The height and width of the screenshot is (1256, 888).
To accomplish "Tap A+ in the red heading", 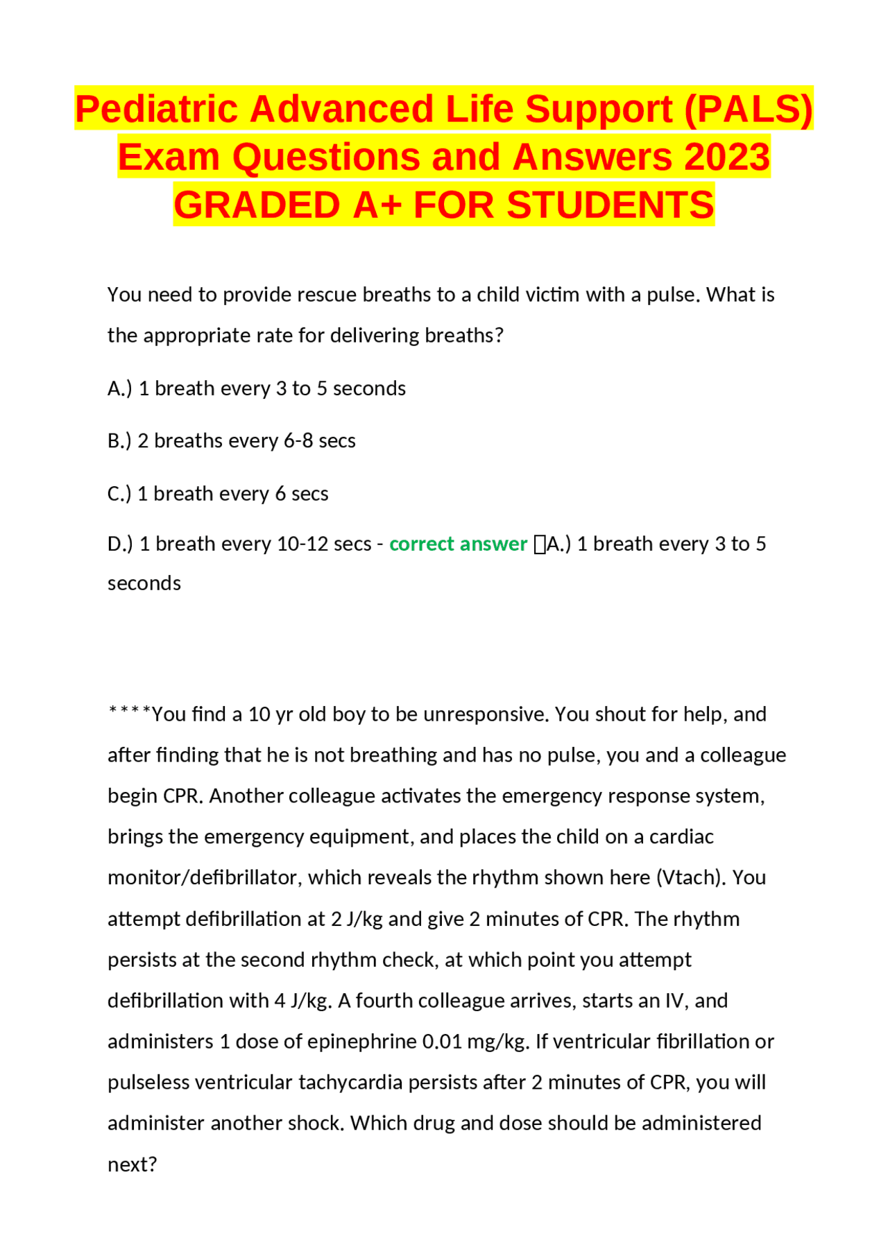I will point(377,205).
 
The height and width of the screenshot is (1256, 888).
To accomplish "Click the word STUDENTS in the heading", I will point(610,205).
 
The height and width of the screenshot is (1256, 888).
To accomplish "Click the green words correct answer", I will point(458,544).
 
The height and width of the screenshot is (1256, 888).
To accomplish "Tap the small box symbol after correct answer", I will point(540,545).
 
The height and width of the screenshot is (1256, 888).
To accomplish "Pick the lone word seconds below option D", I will point(144,584).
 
